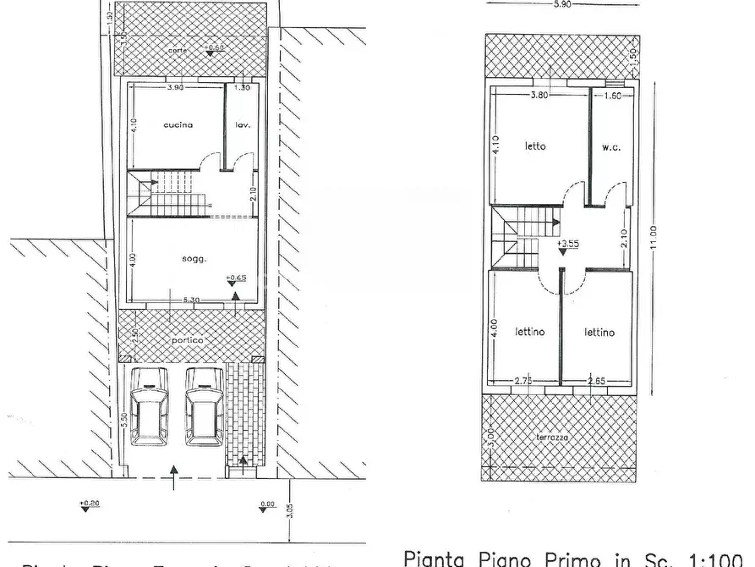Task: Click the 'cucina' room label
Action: [x=178, y=125]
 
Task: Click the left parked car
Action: [x=150, y=405]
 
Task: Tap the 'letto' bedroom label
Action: [x=535, y=146]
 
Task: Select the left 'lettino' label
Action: [x=530, y=333]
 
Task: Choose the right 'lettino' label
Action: [x=599, y=333]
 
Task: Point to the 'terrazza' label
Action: [x=552, y=438]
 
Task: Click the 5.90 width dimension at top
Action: [x=562, y=5]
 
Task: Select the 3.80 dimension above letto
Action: [x=539, y=96]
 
